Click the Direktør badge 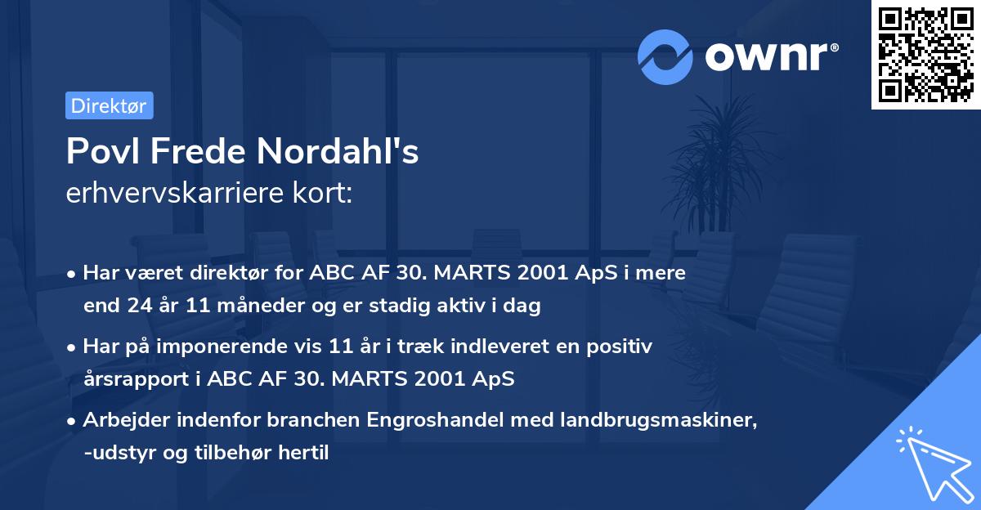(x=109, y=105)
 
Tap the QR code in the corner (x=925, y=55)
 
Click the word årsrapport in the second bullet (x=128, y=379)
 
